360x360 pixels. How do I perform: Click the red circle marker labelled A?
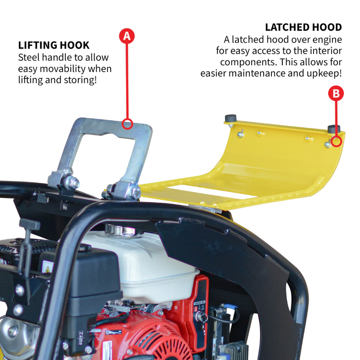[x=127, y=36]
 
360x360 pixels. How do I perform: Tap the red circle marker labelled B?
[x=337, y=94]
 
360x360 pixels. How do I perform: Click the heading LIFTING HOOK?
[x=54, y=45]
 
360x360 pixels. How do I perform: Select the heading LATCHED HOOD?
[x=303, y=27]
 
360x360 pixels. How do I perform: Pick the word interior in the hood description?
[x=323, y=51]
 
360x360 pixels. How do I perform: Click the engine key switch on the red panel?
[x=201, y=317]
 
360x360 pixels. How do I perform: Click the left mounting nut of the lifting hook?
[x=72, y=184]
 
